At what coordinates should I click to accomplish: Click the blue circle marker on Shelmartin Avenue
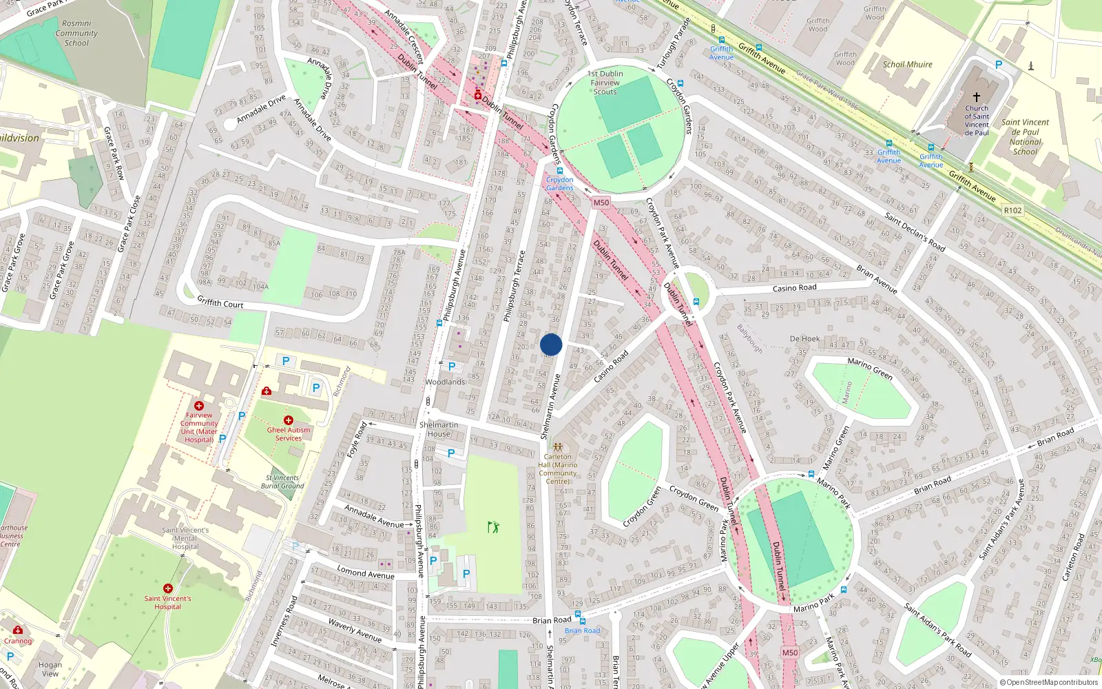[551, 344]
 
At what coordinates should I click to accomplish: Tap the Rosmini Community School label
[76, 33]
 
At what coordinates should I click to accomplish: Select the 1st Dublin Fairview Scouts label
[605, 83]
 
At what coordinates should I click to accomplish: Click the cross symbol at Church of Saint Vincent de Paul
[976, 97]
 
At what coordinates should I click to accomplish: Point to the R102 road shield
[1012, 210]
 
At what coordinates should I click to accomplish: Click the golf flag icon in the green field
[493, 527]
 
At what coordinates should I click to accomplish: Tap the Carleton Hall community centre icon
[558, 446]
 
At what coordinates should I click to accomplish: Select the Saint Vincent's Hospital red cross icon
[168, 588]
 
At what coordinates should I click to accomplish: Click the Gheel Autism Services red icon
[288, 420]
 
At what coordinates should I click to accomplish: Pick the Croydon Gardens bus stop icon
[559, 171]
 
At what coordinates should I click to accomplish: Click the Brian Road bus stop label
[582, 630]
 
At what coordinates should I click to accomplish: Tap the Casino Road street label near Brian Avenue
[794, 288]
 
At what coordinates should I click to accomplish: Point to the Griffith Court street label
[220, 302]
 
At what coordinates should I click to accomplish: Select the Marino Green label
[870, 369]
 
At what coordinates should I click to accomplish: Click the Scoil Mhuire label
[907, 64]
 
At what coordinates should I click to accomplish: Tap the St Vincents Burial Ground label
[282, 482]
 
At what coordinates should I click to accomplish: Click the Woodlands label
[445, 382]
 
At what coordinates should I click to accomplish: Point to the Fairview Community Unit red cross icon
[199, 406]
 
